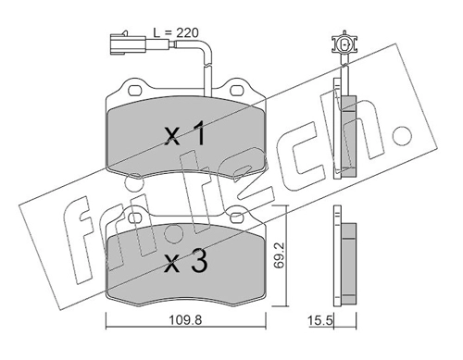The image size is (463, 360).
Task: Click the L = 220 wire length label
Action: (176, 32)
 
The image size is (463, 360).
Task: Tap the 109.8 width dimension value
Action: (185, 321)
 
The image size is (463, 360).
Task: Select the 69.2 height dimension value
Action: (280, 256)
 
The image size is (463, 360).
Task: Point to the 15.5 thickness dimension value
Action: (320, 321)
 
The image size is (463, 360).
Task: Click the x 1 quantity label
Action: (184, 133)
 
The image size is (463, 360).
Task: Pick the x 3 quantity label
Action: (186, 261)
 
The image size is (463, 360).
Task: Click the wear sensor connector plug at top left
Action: (128, 44)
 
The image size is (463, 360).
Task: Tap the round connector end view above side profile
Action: (344, 43)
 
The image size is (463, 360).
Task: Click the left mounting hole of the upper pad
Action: (134, 91)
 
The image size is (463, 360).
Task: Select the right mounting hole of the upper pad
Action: (237, 91)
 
